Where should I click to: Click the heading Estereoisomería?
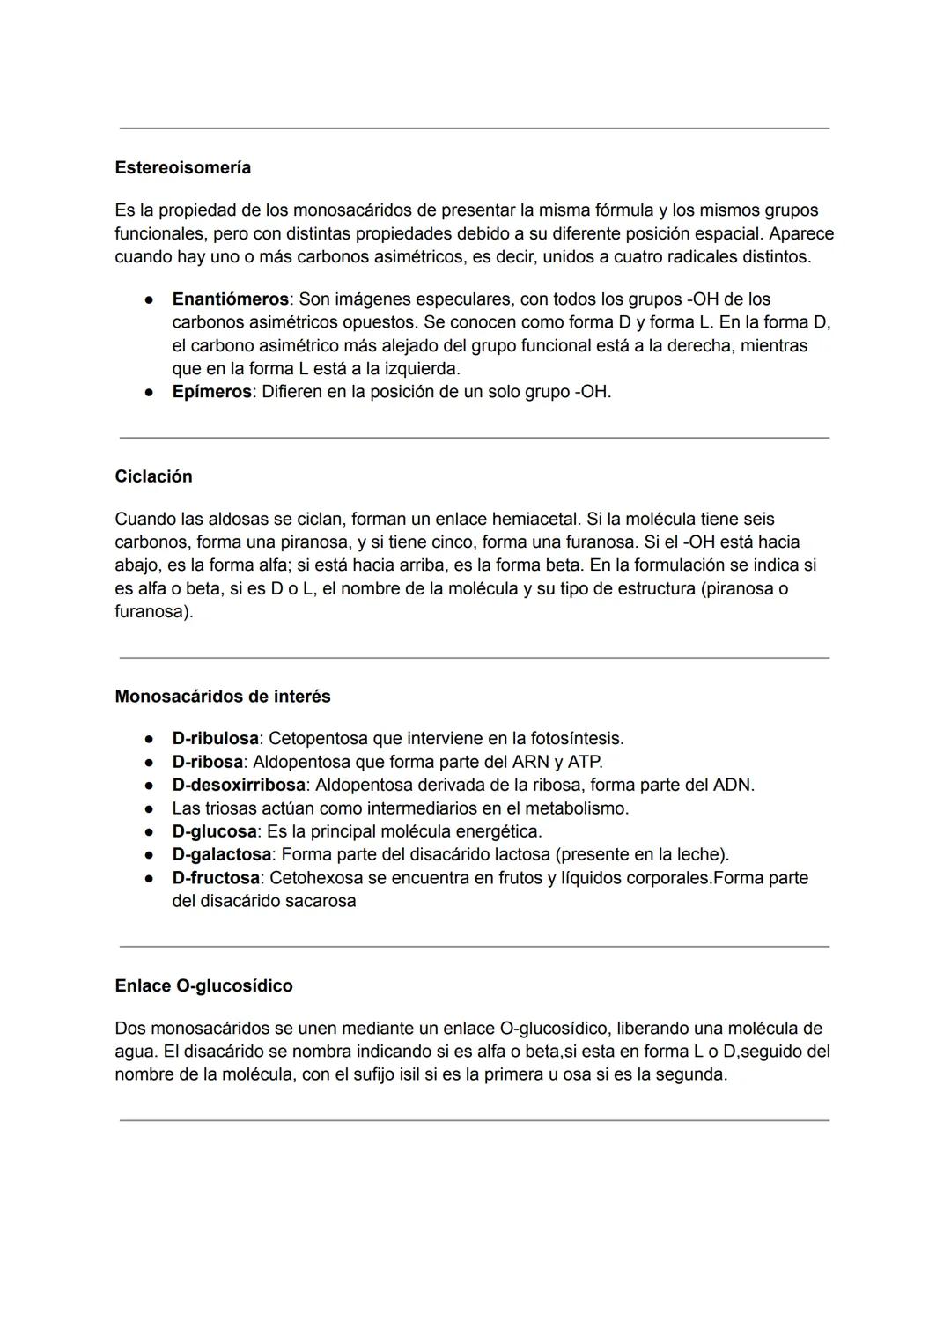pyautogui.click(x=182, y=167)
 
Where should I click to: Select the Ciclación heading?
pyautogui.click(x=153, y=476)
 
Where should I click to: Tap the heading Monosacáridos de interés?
pyautogui.click(x=223, y=697)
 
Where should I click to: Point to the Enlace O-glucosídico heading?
pyautogui.click(x=203, y=986)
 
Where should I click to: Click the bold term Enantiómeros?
pyautogui.click(x=230, y=299)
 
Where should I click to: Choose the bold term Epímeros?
pyautogui.click(x=211, y=392)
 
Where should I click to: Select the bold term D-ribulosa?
pyautogui.click(x=215, y=738)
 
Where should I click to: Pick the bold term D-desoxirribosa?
pyautogui.click(x=239, y=785)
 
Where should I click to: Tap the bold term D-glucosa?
pyautogui.click(x=214, y=831)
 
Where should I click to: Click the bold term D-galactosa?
pyautogui.click(x=222, y=854)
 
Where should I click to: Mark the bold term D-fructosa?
pyautogui.click(x=216, y=878)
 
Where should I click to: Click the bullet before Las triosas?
pyautogui.click(x=151, y=808)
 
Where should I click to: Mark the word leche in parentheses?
pyautogui.click(x=700, y=854)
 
